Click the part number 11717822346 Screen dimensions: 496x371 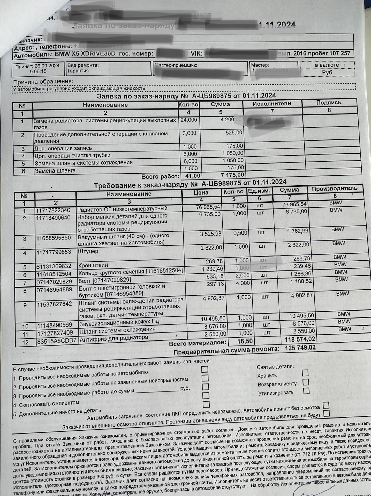tap(53, 210)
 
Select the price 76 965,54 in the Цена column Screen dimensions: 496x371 tap(208, 207)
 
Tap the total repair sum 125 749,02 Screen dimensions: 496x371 tap(300, 348)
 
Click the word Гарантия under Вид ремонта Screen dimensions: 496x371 tap(78, 71)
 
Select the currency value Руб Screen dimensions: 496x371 tap(327, 73)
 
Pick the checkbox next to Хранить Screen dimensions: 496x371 tap(305, 373)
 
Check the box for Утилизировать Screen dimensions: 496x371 tap(306, 391)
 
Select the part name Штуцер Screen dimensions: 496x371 tap(88, 251)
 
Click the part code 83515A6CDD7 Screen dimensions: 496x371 tap(57, 341)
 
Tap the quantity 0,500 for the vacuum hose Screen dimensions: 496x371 tap(240, 233)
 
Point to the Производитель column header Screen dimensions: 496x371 tap(334, 189)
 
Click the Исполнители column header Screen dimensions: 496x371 tap(272, 104)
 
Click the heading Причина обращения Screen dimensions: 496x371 tap(43, 82)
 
